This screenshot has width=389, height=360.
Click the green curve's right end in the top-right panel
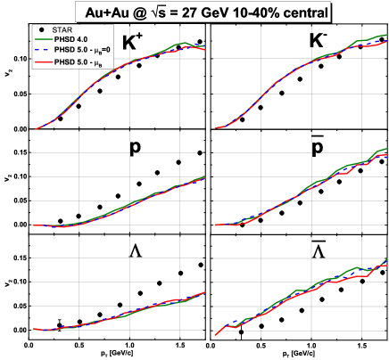(386, 36)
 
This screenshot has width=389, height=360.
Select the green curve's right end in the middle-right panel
(386, 149)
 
